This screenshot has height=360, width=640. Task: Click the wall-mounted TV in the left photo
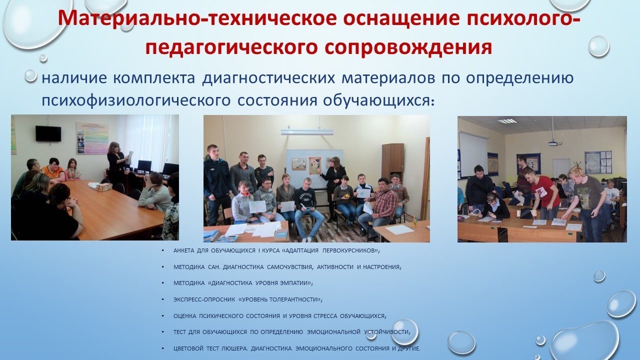click(x=48, y=133)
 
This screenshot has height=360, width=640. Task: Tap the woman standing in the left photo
click(x=116, y=162)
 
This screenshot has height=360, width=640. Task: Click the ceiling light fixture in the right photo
click(x=506, y=121)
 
